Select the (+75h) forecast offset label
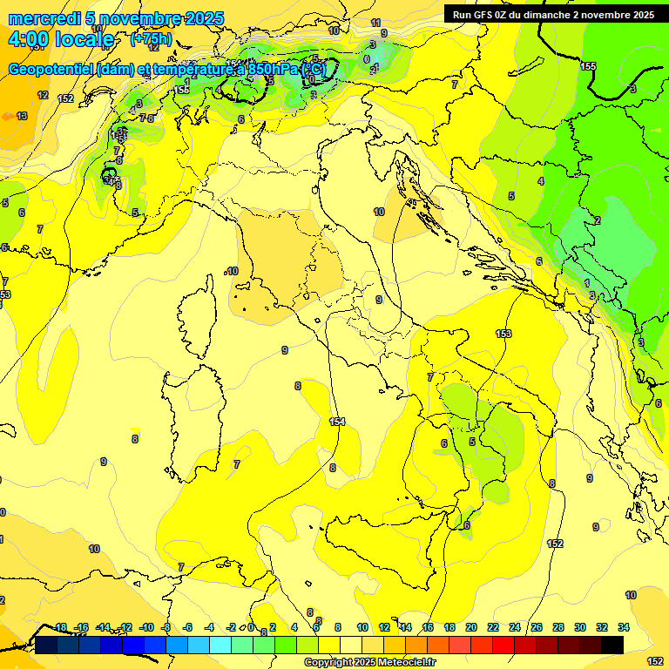151,40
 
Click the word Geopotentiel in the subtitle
52,69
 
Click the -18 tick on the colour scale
60,627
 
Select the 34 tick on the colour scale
624,627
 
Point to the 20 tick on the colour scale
471,627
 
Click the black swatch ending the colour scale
612,645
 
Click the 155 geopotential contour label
589,66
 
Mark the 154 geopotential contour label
337,422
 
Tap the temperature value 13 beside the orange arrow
22,116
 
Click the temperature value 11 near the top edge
375,23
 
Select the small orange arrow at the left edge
8,116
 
